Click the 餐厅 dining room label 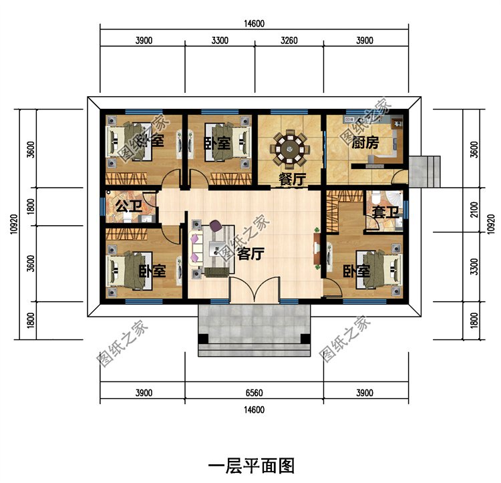pyautogui.click(x=292, y=179)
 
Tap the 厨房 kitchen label pyautogui.click(x=365, y=143)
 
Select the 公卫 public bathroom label pyautogui.click(x=129, y=206)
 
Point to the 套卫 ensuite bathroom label pyautogui.click(x=385, y=212)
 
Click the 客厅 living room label pyautogui.click(x=251, y=254)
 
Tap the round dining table pyautogui.click(x=289, y=148)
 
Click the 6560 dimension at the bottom pyautogui.click(x=255, y=393)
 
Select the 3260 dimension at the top pyautogui.click(x=289, y=40)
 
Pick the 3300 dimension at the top pyautogui.click(x=220, y=40)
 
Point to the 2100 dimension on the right pyautogui.click(x=474, y=209)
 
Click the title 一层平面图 pyautogui.click(x=251, y=466)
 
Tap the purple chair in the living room pyautogui.click(x=215, y=226)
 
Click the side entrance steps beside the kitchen pyautogui.click(x=425, y=172)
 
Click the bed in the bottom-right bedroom pyautogui.click(x=379, y=269)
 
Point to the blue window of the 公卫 pyautogui.click(x=103, y=206)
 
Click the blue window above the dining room pyautogui.click(x=289, y=112)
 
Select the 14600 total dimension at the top pyautogui.click(x=255, y=23)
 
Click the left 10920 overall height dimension pyautogui.click(x=14, y=224)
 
